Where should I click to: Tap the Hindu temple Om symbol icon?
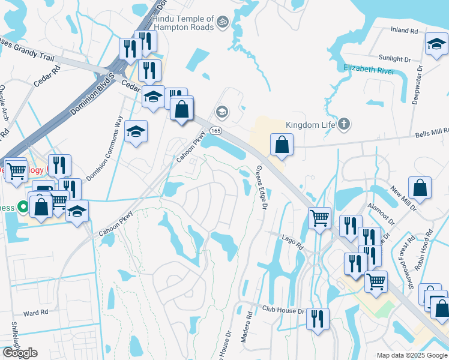pyautogui.click(x=222, y=22)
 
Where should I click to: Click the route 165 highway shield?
pyautogui.click(x=216, y=130)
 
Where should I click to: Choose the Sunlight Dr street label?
pyautogui.click(x=394, y=59)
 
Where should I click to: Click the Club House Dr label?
pyautogui.click(x=284, y=310)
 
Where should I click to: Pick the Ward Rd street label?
pyautogui.click(x=35, y=313)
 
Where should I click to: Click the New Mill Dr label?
pyautogui.click(x=403, y=199)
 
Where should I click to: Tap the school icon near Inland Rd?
pyautogui.click(x=436, y=43)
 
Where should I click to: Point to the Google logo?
pyautogui.click(x=20, y=353)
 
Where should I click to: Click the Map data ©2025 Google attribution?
pyautogui.click(x=411, y=355)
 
